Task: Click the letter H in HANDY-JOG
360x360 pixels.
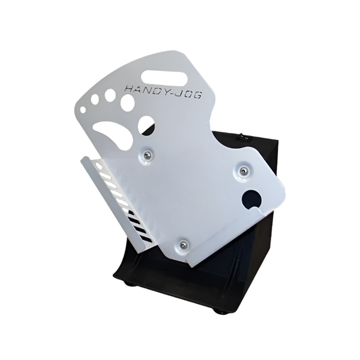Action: (130, 89)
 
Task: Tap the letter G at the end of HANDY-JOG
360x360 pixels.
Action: (197, 95)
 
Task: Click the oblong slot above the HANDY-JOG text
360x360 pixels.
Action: (164, 77)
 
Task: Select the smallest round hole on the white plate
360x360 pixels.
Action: (83, 110)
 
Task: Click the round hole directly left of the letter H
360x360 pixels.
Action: (110, 94)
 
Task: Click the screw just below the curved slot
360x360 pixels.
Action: (146, 157)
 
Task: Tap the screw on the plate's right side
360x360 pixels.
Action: (244, 170)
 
